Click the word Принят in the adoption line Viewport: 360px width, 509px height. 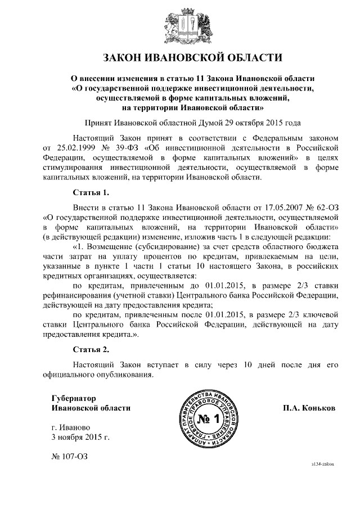pyautogui.click(x=98, y=122)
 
